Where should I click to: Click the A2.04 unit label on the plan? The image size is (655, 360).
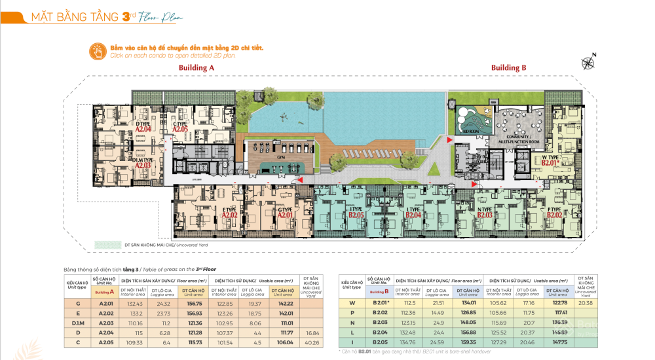[x=143, y=130]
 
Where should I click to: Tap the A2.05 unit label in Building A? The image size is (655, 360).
[x=180, y=130]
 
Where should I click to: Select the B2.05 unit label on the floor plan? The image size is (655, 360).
[x=338, y=214]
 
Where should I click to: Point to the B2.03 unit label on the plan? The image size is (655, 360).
[x=485, y=214]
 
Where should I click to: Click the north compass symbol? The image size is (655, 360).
[x=587, y=63]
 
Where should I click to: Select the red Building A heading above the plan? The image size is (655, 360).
[x=197, y=67]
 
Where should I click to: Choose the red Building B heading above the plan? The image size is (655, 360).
[x=509, y=67]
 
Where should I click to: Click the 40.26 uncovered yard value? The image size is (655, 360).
[x=310, y=342]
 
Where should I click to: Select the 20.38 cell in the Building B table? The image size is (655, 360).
[x=585, y=303]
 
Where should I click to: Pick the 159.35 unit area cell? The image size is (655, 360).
[x=468, y=342]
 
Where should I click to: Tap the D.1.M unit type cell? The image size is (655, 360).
[x=79, y=323]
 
